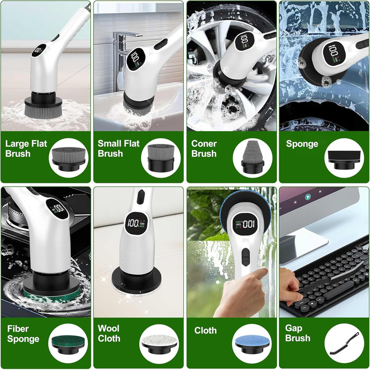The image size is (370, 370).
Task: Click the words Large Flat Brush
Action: click(26, 149)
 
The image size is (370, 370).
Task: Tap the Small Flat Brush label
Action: click(118, 149)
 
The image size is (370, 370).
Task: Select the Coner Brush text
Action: click(204, 149)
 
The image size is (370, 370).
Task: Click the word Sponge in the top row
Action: click(302, 144)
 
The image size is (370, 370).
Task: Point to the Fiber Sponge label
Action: click(23, 334)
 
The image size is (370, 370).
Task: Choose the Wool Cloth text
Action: click(109, 334)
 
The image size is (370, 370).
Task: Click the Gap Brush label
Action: click(298, 333)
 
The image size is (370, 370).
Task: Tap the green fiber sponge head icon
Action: click(68, 344)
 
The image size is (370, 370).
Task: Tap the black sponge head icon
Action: click(344, 160)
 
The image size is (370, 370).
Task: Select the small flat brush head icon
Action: click(161, 158)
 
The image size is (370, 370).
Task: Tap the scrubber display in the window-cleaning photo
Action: click(244, 224)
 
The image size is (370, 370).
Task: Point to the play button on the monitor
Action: click(307, 196)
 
